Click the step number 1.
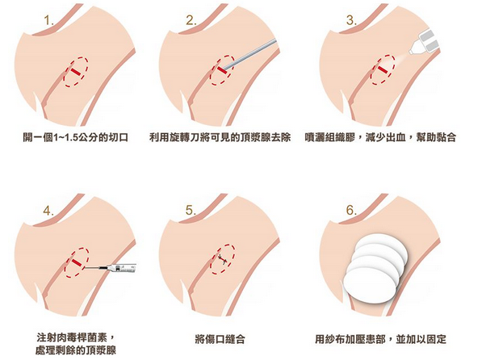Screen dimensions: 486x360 coord(49,21)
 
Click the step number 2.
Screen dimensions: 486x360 coord(191,21)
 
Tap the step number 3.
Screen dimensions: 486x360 coord(351,21)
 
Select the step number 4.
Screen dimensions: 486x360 coord(48,211)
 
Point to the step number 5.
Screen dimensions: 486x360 coord(191,211)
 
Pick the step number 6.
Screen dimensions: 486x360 coord(351,211)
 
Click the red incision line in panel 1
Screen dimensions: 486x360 coord(75,72)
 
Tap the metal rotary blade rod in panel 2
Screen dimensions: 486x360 coord(249,53)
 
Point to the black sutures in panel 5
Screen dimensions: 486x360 coord(223,259)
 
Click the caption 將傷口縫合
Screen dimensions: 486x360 coord(220,339)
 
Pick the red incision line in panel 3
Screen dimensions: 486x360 coord(383,69)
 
